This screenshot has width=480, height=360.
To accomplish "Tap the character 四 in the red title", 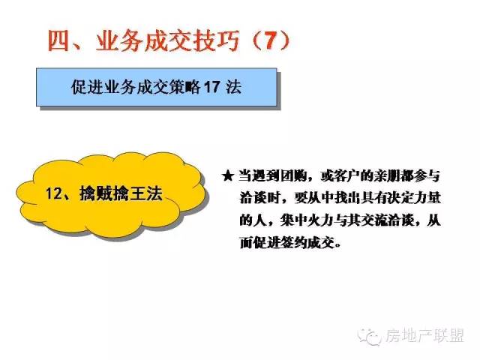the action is [58, 41].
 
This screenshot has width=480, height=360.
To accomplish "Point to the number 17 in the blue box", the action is [211, 87].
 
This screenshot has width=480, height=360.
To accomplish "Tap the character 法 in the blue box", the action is [233, 87].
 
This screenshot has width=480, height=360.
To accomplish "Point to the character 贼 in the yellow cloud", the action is [104, 193].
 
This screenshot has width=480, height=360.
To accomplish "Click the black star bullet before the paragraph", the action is [228, 176].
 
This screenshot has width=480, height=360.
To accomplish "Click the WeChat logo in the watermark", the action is [369, 337].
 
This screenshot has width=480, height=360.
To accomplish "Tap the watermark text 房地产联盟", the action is [424, 336].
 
